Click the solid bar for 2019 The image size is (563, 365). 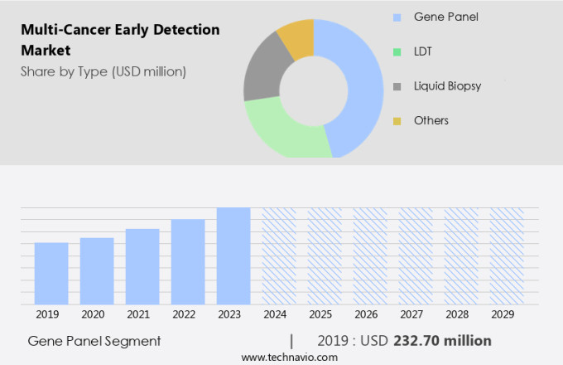pyautogui.click(x=51, y=274)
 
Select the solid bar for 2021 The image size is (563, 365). pyautogui.click(x=142, y=266)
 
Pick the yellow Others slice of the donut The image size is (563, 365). pyautogui.click(x=297, y=37)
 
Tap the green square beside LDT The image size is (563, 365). pyautogui.click(x=397, y=51)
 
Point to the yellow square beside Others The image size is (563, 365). pyautogui.click(x=397, y=121)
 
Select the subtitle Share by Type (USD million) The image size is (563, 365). pyautogui.click(x=103, y=71)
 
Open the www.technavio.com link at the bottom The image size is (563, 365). pyautogui.click(x=289, y=357)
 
